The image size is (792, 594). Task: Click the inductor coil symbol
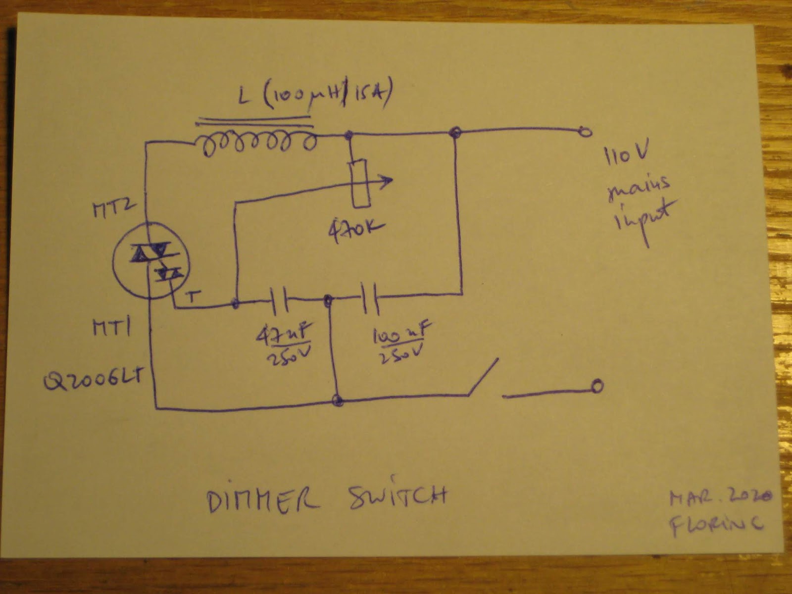256,142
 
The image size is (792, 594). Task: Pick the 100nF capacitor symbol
370,298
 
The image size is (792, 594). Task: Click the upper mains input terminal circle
586,131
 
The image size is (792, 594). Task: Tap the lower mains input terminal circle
597,386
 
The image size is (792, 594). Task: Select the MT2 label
113,209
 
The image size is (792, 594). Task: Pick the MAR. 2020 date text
721,497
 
